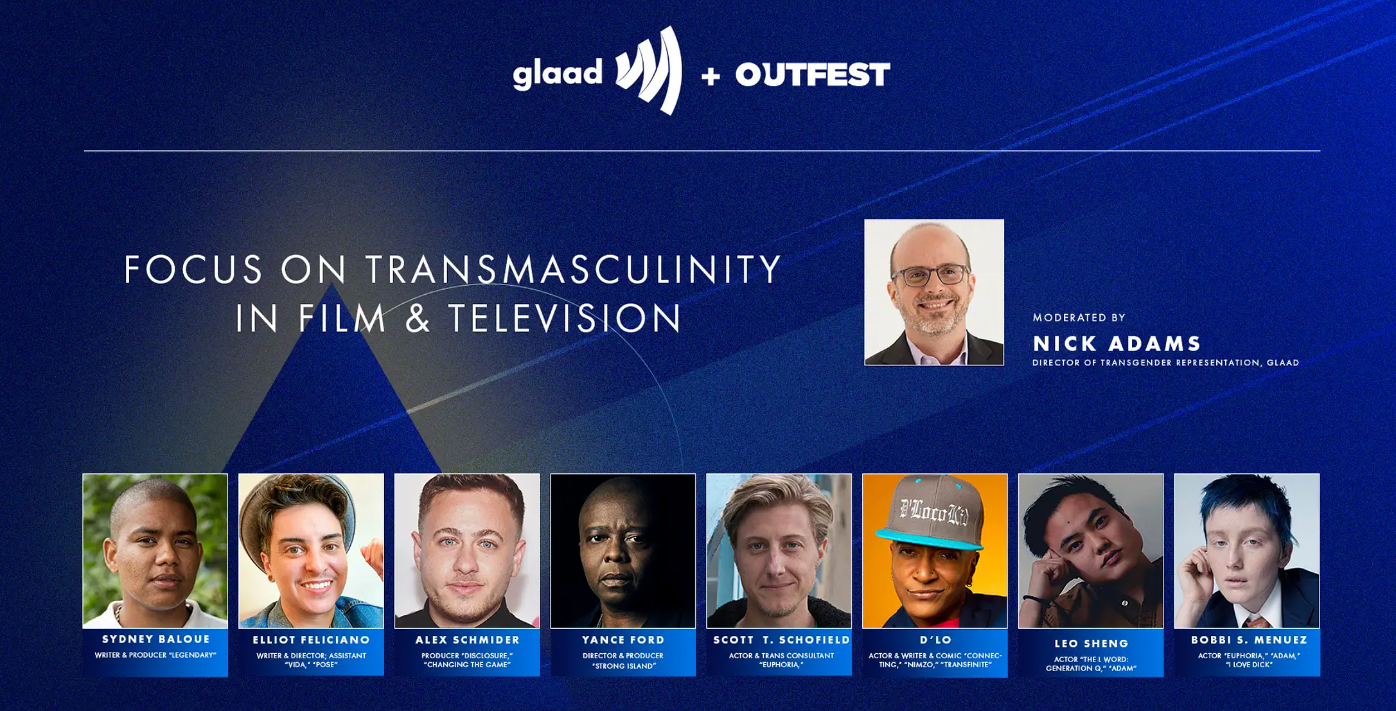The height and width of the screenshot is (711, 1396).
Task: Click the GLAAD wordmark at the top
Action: point(558,73)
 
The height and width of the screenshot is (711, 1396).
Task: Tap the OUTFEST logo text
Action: point(813,75)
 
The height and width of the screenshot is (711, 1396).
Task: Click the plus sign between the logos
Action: point(711,76)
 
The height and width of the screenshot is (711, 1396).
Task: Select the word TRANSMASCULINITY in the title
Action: point(574,269)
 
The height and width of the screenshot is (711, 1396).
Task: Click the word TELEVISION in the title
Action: point(565,318)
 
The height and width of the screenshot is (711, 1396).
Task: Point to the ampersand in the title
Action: point(418,318)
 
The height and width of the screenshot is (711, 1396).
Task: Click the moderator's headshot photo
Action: point(934,292)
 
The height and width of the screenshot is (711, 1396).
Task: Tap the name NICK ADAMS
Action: point(1117,344)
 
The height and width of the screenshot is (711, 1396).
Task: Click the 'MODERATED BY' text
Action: point(1079,317)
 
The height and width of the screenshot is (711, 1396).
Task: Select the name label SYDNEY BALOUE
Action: point(156,639)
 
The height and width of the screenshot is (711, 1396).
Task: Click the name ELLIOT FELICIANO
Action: point(312,640)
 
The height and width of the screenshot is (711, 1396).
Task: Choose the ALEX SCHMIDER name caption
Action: point(468,640)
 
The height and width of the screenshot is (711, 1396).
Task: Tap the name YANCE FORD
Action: point(623,640)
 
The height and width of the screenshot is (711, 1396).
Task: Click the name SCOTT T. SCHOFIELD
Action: point(781,640)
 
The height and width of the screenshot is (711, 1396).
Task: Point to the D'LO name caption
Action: point(935,640)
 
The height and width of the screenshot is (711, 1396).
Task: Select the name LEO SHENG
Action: point(1091,644)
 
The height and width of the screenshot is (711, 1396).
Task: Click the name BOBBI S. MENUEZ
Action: point(1250,640)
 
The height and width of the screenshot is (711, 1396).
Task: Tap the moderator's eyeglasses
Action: point(932,276)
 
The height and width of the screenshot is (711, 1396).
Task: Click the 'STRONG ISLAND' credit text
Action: point(623,666)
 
